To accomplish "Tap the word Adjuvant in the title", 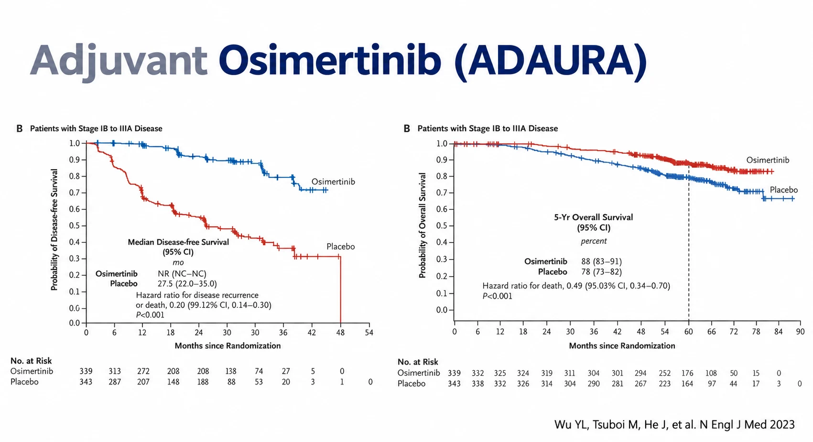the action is (119, 61).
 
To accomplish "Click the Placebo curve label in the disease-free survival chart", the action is (340, 247).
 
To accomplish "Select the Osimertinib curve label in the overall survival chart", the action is (768, 160).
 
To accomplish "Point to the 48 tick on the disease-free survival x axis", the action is (340, 333).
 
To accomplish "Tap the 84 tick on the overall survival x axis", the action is (779, 332).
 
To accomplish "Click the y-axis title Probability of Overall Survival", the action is (422, 226).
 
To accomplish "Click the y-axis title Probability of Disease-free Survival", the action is (54, 230).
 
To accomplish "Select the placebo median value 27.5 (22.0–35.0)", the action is (187, 284).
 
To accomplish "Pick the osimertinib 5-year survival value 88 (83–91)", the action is (601, 262).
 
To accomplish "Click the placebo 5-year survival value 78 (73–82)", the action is (601, 272).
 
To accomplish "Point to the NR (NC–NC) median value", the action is (182, 274).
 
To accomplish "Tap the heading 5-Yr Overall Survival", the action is (594, 217).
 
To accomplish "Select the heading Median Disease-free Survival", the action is (178, 242).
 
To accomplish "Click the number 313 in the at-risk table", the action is (115, 371).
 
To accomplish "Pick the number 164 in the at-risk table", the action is (687, 384).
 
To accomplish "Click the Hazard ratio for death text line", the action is (576, 286).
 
